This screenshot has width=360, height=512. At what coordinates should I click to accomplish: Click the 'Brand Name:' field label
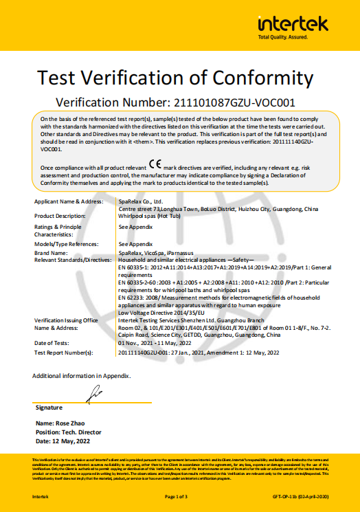(x=52, y=253)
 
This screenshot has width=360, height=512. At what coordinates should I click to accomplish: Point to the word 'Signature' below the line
(x=49, y=408)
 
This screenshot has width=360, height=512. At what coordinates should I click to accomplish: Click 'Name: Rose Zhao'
(x=62, y=423)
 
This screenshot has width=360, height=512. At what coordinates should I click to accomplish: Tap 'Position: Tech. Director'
(x=69, y=432)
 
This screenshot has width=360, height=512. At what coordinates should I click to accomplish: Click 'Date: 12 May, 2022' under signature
(x=63, y=441)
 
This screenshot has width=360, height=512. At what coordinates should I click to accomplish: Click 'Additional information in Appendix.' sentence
(x=81, y=376)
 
